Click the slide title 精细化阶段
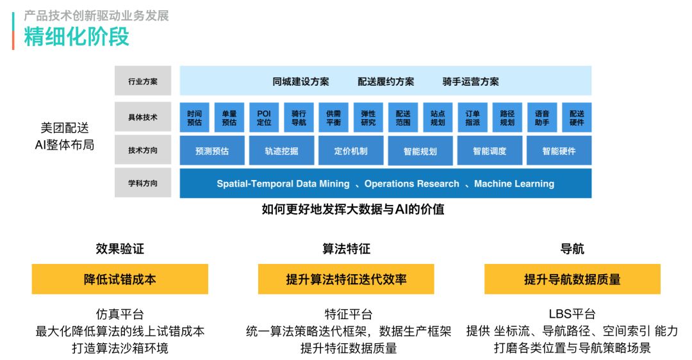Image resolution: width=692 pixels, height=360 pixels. point(77,37)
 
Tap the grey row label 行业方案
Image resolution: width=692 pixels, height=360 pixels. point(143,81)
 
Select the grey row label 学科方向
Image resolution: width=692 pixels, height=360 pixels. point(143,184)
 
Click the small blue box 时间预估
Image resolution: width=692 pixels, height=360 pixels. point(195,117)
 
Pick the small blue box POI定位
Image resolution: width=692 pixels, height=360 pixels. point(264,117)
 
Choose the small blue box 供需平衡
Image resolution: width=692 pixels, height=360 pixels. point(333,117)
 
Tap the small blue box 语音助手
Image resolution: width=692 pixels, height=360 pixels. point(542,117)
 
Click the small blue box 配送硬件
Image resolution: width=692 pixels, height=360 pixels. point(577,117)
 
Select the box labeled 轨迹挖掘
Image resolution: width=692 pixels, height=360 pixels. point(281,151)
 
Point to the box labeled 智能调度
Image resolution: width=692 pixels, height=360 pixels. point(490,151)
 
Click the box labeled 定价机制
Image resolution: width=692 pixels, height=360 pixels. point(350,151)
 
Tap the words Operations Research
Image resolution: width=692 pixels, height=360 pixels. point(411,184)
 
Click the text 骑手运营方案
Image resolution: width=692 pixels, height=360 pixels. point(470,81)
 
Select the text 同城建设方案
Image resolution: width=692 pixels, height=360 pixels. point(301,81)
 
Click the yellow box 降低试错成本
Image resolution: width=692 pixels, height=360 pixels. point(120,279)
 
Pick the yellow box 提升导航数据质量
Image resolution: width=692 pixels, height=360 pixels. point(572,279)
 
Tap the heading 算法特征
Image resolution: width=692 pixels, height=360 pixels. point(346,249)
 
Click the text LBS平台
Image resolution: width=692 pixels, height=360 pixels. point(572,314)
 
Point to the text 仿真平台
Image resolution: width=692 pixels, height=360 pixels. point(120,314)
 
